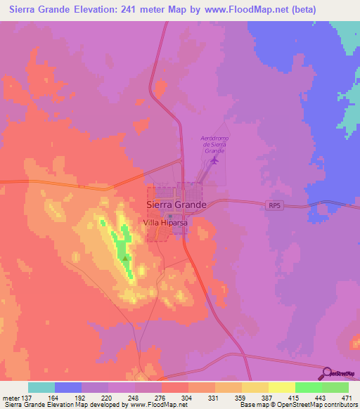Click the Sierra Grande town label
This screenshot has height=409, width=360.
click(176, 204)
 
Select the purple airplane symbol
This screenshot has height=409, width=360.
click(214, 162)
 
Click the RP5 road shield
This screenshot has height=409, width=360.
click(275, 205)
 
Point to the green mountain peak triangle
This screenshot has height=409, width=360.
click(126, 259)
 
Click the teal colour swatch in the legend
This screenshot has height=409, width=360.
click(41, 387)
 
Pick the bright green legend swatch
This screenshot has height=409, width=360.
click(308, 387)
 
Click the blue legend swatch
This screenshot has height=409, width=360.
click(68, 387)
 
